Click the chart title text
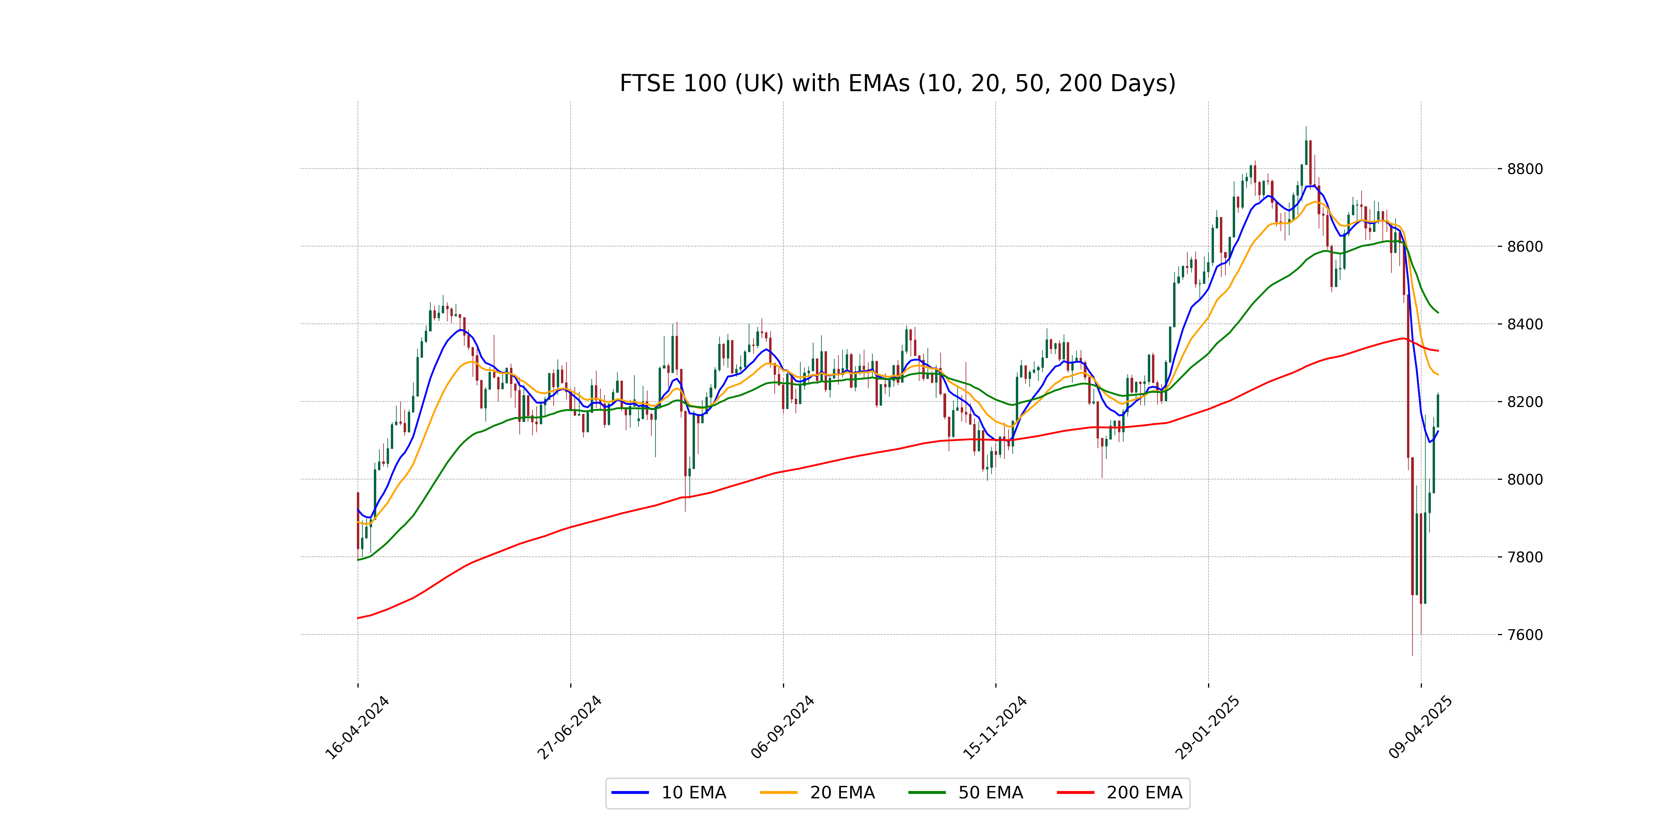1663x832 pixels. [897, 83]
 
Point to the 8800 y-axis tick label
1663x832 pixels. [1525, 169]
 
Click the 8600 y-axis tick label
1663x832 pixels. [1525, 247]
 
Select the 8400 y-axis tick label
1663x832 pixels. [1525, 324]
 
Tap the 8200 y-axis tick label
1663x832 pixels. [1525, 402]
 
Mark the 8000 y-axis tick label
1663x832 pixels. [1525, 479]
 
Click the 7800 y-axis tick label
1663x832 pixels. [1525, 557]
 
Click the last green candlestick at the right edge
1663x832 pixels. [1438, 411]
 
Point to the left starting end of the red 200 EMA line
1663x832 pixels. [358, 618]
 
